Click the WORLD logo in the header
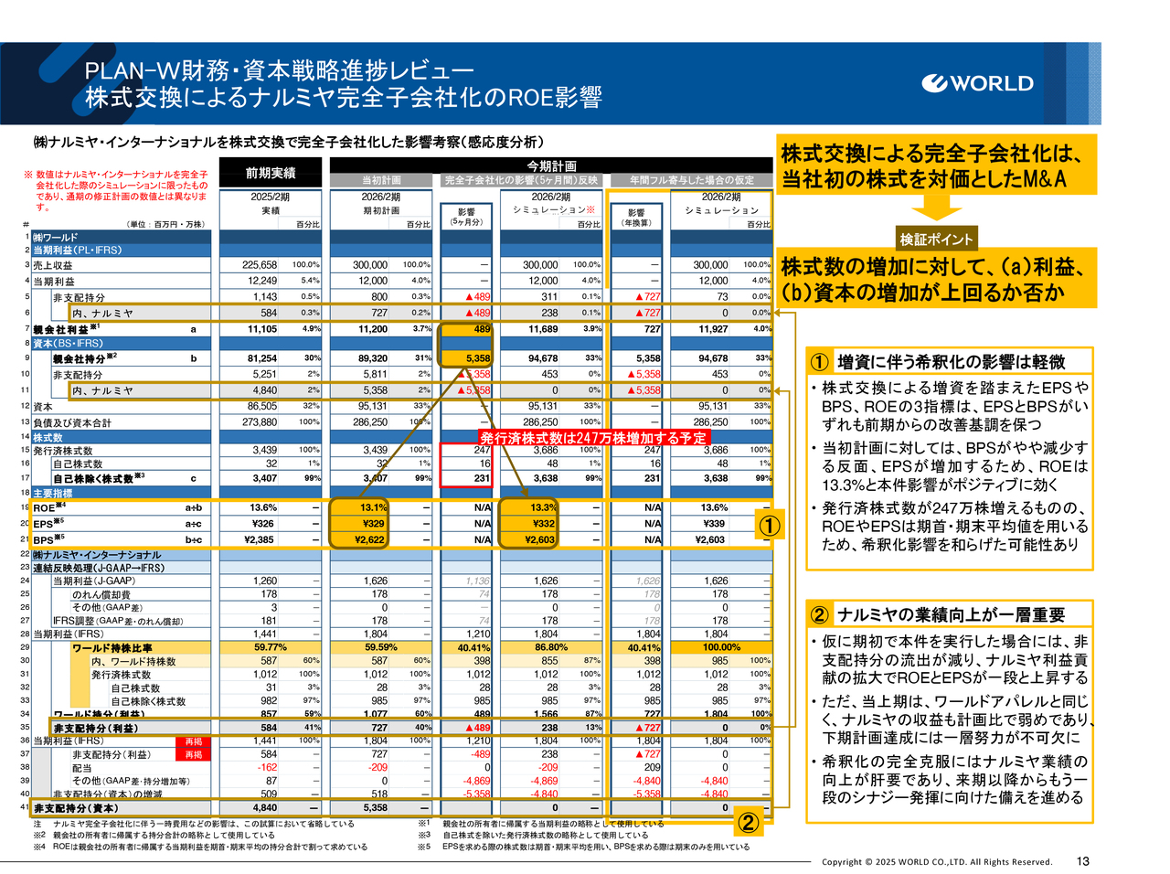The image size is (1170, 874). [x=978, y=83]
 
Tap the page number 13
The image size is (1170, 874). [x=1083, y=861]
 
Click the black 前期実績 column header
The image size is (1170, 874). [x=271, y=173]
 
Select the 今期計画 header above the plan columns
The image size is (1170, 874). [x=551, y=165]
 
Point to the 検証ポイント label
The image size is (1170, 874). [x=937, y=240]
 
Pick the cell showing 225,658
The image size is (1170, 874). [x=260, y=265]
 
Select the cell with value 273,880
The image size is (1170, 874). [x=260, y=422]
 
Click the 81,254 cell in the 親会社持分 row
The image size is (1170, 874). [x=261, y=358]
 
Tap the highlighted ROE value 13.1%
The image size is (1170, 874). [x=373, y=507]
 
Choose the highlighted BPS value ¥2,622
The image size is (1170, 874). [x=369, y=539]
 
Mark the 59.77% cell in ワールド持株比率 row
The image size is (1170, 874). [x=271, y=647]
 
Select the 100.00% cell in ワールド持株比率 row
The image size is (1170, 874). [x=721, y=647]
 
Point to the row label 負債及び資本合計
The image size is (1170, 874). [x=72, y=422]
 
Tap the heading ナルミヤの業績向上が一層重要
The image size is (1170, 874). [x=951, y=615]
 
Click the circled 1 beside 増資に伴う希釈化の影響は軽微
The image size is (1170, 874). [x=819, y=362]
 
